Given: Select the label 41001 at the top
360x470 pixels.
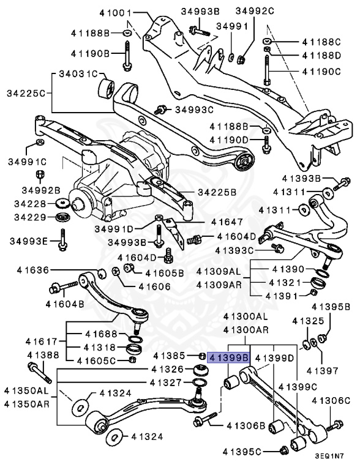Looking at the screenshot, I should pyautogui.click(x=116, y=12).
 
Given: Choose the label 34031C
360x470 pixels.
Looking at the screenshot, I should pyautogui.click(x=78, y=74).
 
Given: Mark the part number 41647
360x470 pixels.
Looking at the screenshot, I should pyautogui.click(x=227, y=222).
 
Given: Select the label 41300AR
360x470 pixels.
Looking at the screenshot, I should pyautogui.click(x=246, y=330).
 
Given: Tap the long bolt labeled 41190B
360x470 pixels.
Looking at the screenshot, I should pyautogui.click(x=126, y=54).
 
